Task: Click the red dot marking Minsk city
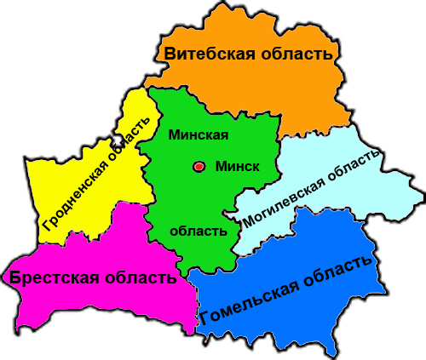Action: click(x=199, y=167)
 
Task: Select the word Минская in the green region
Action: click(x=199, y=135)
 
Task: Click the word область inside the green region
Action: click(x=199, y=231)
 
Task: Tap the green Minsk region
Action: click(x=183, y=191)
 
